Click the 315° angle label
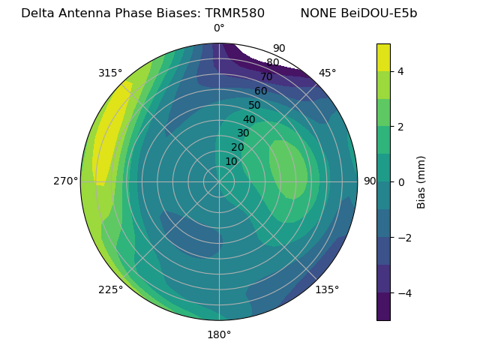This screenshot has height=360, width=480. (110, 73)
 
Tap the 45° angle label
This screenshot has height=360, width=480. (327, 73)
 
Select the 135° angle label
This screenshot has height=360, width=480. (327, 289)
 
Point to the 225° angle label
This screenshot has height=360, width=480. (110, 289)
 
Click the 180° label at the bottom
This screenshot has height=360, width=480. (219, 334)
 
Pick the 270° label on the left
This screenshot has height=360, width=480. (65, 181)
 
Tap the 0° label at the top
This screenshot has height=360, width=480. (219, 28)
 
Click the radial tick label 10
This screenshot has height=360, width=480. (231, 161)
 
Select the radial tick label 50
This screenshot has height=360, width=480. (254, 106)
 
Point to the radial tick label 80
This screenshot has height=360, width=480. (272, 63)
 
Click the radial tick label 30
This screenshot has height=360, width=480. (243, 133)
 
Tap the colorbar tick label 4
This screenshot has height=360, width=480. (400, 71)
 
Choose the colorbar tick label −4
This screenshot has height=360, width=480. (402, 292)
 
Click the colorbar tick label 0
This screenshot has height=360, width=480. (400, 181)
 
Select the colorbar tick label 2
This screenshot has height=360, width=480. (400, 127)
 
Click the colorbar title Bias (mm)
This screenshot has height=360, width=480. (421, 181)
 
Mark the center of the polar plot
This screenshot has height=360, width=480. (219, 181)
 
